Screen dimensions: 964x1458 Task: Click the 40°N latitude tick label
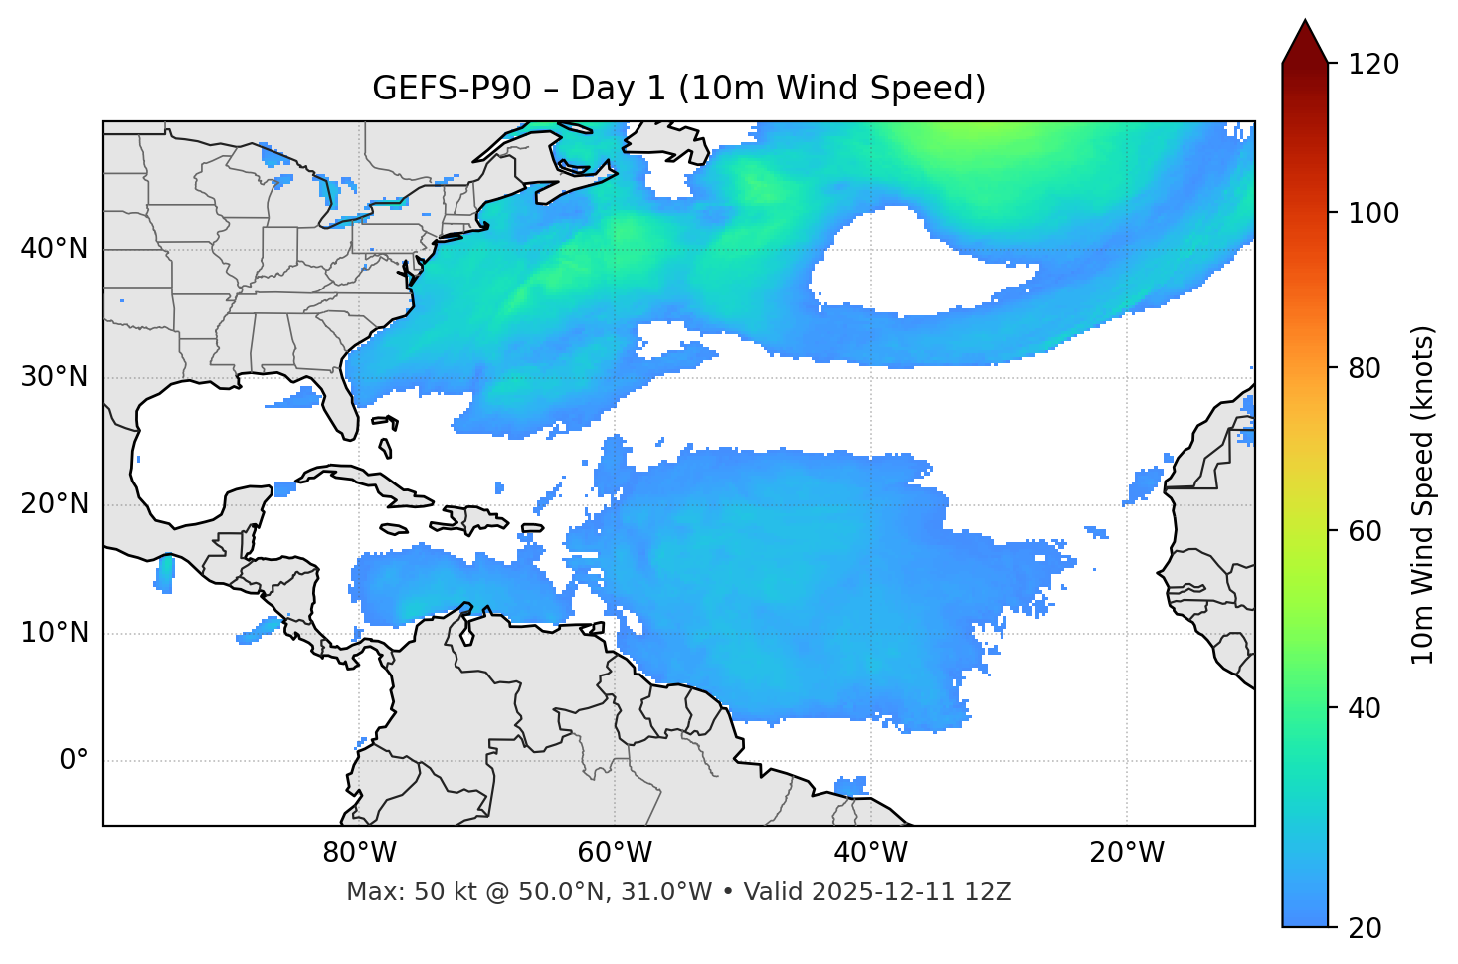54,249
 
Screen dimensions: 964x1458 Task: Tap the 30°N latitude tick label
54,377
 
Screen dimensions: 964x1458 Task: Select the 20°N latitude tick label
54,504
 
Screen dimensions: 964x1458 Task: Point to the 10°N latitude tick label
54,633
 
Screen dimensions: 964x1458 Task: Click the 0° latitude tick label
74,761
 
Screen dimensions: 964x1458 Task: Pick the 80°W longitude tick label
359,853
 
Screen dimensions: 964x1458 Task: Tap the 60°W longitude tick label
615,853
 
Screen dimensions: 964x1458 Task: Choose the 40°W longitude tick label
870,853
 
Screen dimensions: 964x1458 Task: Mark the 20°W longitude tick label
1127,853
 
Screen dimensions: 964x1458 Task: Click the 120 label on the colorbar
1373,64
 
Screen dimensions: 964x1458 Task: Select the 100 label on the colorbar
1373,213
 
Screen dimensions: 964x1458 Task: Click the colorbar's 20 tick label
1365,928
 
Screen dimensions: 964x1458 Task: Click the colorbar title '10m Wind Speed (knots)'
1423,494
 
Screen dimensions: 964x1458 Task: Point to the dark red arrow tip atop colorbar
1305,40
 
